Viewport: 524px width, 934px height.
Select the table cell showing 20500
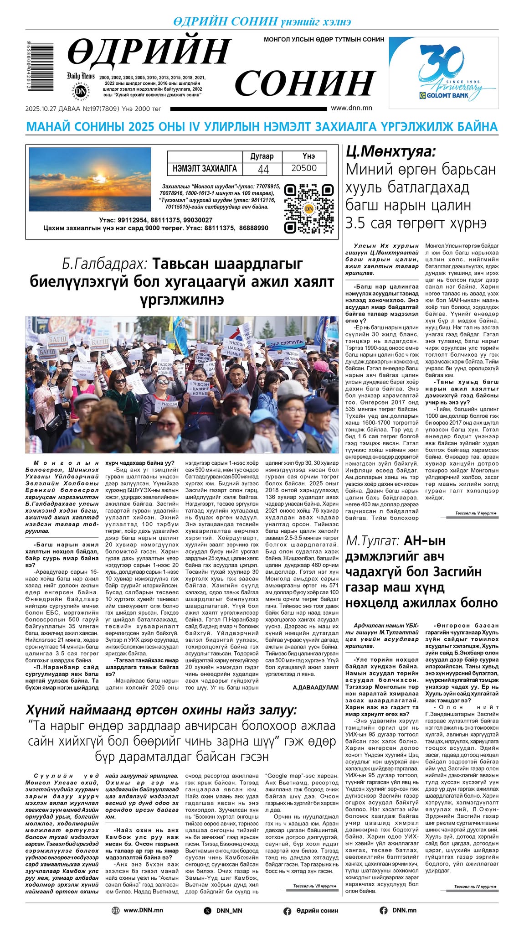click(304, 168)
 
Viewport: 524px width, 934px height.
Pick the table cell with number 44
click(263, 169)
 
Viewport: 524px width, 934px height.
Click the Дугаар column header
click(262, 156)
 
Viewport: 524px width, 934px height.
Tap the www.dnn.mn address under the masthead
click(351, 108)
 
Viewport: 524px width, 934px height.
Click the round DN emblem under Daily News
click(81, 91)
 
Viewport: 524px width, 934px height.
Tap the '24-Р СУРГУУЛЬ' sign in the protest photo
click(286, 342)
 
